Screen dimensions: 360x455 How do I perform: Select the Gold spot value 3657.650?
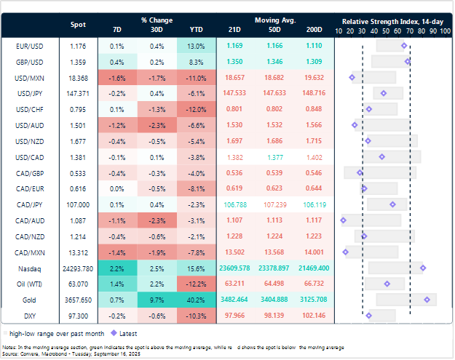point(78,299)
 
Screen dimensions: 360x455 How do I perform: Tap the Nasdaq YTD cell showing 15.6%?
point(196,268)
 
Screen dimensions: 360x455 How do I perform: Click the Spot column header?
point(78,25)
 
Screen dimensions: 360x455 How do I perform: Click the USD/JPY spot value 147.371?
point(78,92)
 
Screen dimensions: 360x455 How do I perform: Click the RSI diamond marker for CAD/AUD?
point(344,220)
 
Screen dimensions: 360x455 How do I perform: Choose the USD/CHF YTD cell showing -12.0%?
point(196,109)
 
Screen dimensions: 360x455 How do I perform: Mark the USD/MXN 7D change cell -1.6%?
point(119,77)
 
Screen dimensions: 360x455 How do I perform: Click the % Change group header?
point(157,18)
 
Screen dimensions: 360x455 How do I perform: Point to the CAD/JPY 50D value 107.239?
point(274,204)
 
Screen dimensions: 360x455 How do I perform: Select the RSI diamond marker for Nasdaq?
point(423,268)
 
